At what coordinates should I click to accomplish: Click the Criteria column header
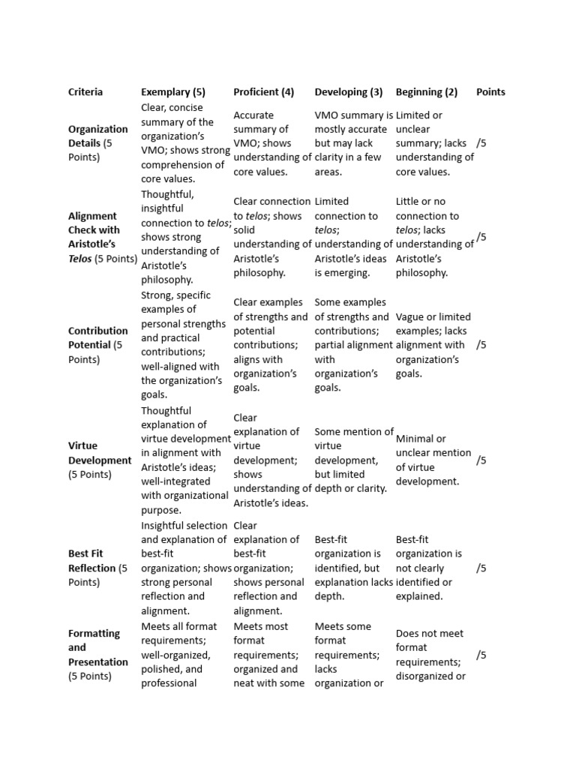(85, 92)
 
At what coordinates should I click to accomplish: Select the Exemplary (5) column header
(172, 92)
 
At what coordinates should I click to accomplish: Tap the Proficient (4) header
(263, 92)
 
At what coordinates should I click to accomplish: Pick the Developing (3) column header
(348, 92)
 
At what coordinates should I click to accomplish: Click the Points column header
(490, 92)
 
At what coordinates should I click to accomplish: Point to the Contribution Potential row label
(97, 345)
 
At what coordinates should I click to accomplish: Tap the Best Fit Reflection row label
(97, 568)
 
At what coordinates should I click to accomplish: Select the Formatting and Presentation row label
(97, 655)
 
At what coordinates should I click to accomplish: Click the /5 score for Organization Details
(481, 143)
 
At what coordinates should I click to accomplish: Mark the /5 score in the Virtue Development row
(481, 460)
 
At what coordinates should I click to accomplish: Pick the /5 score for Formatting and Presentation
(481, 655)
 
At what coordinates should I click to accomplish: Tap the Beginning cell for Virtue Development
(433, 460)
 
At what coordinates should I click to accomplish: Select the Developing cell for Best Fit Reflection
(353, 568)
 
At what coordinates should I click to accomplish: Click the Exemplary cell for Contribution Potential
(184, 345)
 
